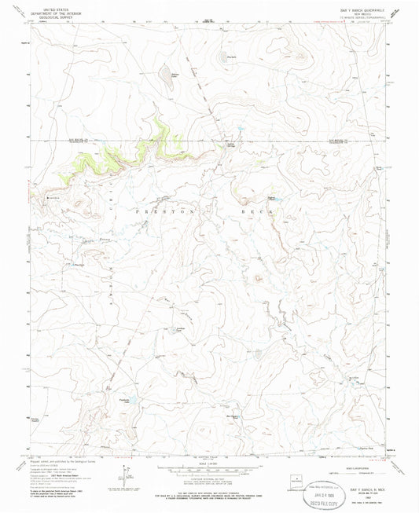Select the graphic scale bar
(208, 467)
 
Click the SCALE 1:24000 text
(208, 460)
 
